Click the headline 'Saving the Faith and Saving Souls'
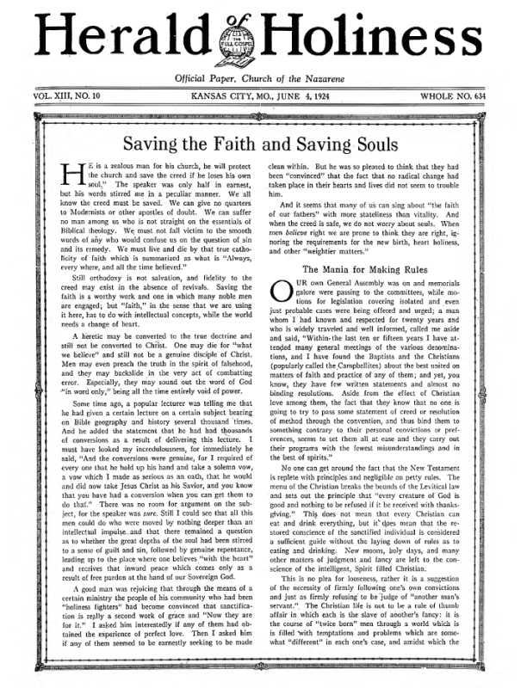[x=263, y=144]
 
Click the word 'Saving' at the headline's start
[x=149, y=144]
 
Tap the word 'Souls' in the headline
[x=378, y=144]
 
